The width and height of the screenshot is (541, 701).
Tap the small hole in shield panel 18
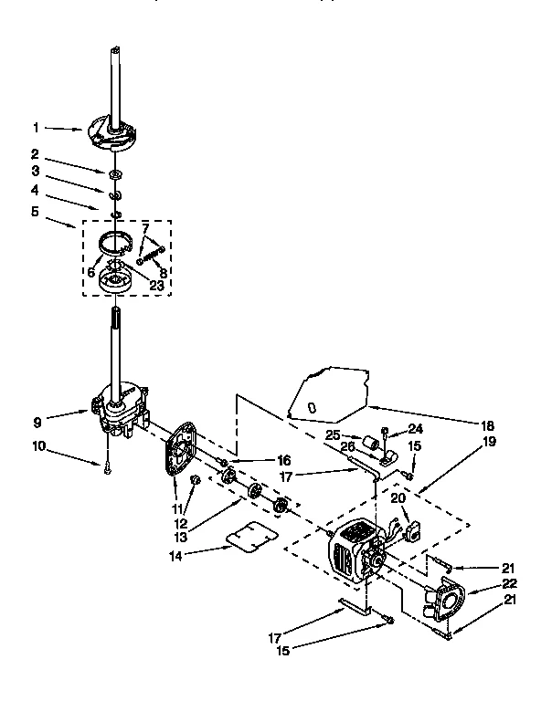[x=313, y=405]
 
